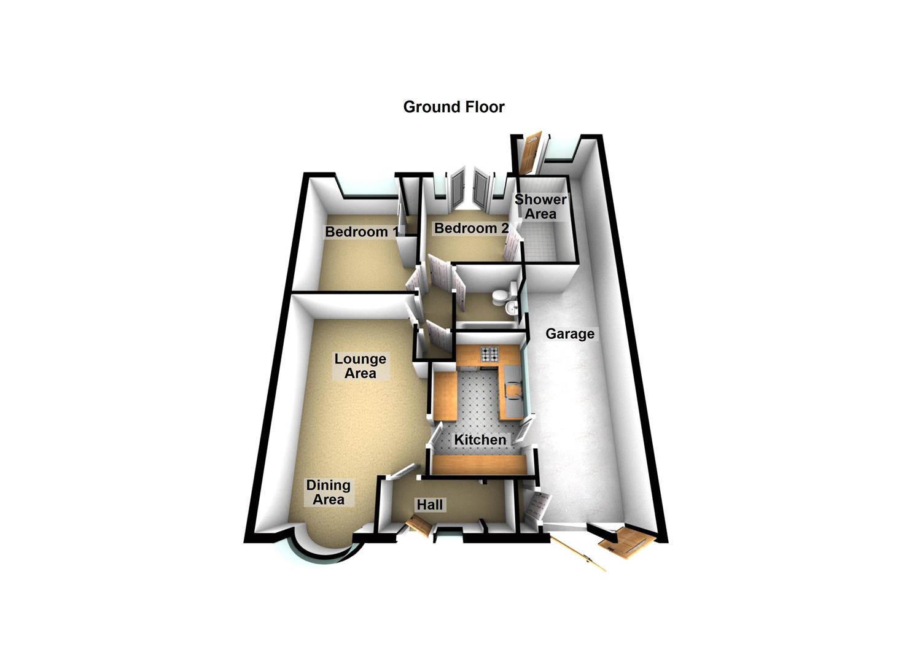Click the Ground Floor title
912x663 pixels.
point(453,107)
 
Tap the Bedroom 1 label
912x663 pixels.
point(361,232)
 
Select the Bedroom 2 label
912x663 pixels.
point(471,228)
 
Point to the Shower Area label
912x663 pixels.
point(540,207)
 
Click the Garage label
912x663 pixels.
point(570,334)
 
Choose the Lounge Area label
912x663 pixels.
point(360,366)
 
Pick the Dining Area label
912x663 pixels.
point(329,492)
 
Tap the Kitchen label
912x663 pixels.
point(480,440)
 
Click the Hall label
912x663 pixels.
point(430,505)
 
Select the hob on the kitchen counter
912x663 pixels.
point(489,354)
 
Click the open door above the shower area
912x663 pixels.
point(528,153)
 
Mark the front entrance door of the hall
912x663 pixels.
point(418,525)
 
